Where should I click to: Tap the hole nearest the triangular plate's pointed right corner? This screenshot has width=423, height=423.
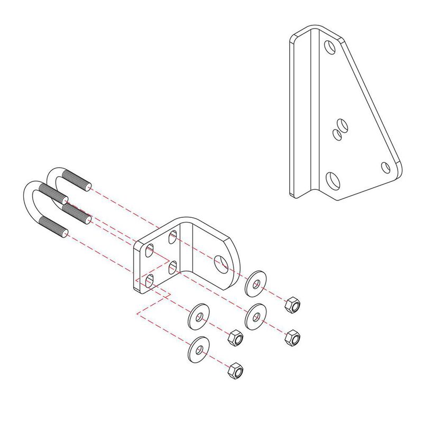pyautogui.click(x=386, y=168)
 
